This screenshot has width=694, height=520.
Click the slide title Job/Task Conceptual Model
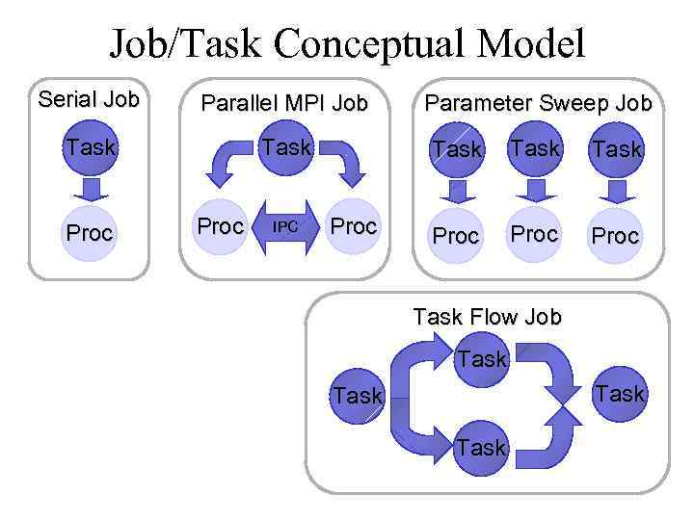pyautogui.click(x=347, y=42)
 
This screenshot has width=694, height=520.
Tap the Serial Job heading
pyautogui.click(x=88, y=99)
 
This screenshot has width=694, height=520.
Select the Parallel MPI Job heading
pyautogui.click(x=283, y=103)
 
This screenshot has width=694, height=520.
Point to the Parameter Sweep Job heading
pyautogui.click(x=539, y=103)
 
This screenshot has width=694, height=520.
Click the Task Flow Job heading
pyautogui.click(x=487, y=317)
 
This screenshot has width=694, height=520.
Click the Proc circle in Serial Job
pyautogui.click(x=89, y=233)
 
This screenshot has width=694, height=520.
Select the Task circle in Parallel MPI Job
pyautogui.click(x=286, y=147)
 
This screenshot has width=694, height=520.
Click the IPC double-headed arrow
pyautogui.click(x=285, y=227)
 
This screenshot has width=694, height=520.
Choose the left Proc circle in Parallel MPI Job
pyautogui.click(x=220, y=227)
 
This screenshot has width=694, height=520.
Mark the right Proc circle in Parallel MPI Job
pyautogui.click(x=353, y=227)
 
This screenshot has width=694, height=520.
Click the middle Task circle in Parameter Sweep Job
pyautogui.click(x=535, y=148)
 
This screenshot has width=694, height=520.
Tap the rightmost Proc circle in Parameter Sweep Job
pyautogui.click(x=616, y=236)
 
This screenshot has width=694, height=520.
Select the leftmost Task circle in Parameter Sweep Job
pyautogui.click(x=456, y=149)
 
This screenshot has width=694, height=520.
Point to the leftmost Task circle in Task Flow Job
pyautogui.click(x=358, y=396)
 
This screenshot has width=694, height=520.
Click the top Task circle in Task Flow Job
pyautogui.click(x=482, y=359)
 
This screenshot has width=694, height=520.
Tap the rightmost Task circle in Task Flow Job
pyautogui.click(x=620, y=394)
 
